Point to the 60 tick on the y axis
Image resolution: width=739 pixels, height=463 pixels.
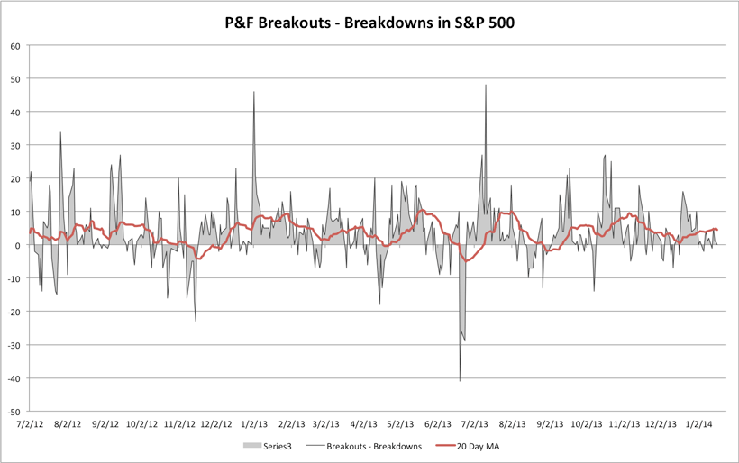(x=15, y=46)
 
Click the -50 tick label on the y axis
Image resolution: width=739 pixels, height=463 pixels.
(x=14, y=411)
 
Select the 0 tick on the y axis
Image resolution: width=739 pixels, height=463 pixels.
(x=18, y=245)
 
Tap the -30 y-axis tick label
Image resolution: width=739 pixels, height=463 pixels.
(x=14, y=345)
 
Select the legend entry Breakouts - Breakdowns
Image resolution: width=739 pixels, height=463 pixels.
(x=375, y=446)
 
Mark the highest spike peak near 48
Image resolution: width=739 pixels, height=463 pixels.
(x=486, y=86)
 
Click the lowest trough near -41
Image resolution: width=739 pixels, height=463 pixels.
(x=460, y=381)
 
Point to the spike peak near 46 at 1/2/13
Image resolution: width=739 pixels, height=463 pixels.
(x=254, y=92)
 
